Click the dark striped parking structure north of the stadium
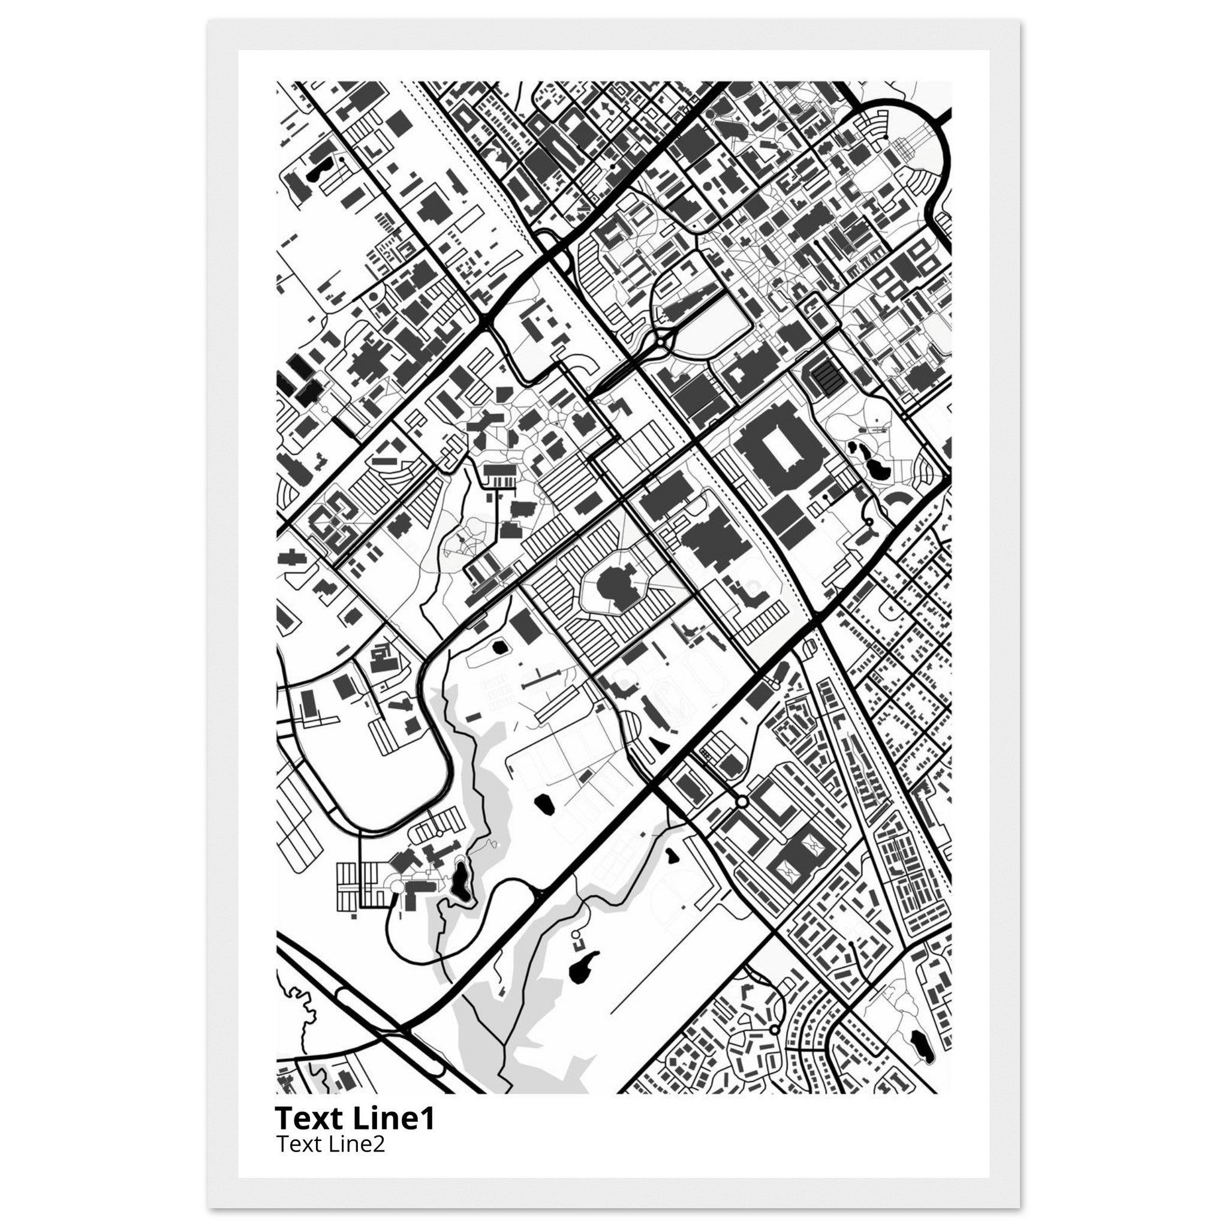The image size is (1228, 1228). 825,375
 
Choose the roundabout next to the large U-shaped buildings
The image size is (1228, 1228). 742,803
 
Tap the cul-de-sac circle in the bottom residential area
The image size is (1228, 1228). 774,1029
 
